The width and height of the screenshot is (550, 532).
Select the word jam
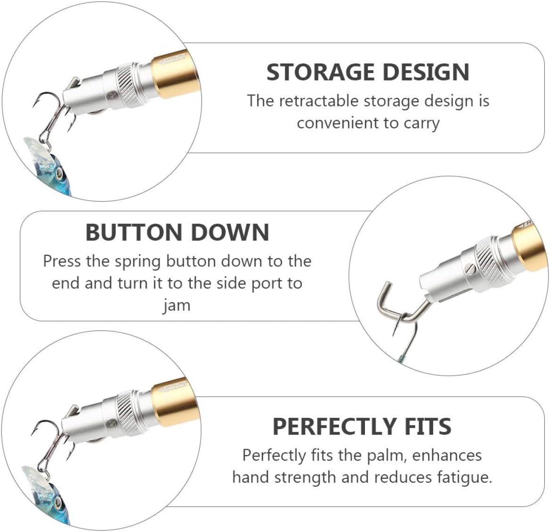177,305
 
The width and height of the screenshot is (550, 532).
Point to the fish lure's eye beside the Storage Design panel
59,174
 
